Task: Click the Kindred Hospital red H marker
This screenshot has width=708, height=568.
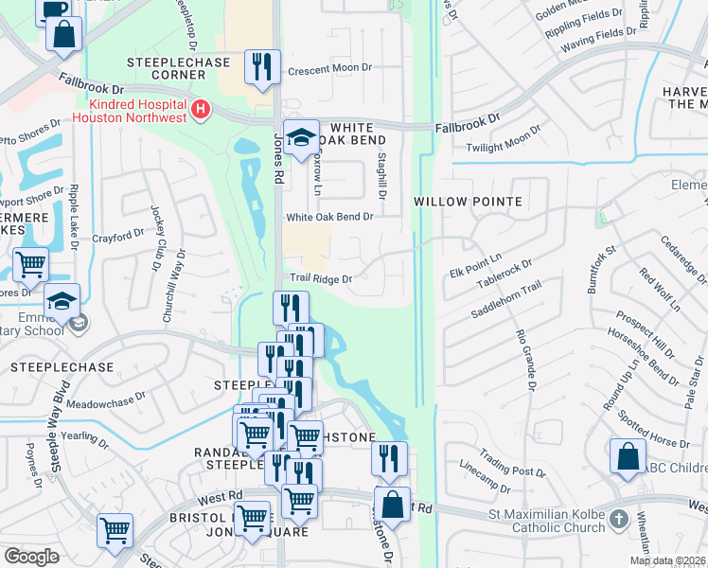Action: click(200, 111)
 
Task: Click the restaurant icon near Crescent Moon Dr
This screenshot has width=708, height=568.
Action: click(262, 67)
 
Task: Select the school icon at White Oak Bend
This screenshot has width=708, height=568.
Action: click(302, 138)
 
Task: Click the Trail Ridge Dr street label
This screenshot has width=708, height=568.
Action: click(320, 279)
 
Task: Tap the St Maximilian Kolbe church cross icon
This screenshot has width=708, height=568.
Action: click(618, 520)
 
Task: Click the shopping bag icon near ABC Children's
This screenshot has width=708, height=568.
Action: click(628, 457)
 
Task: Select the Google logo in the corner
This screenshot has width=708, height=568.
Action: click(31, 557)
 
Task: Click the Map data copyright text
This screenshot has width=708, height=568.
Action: click(667, 560)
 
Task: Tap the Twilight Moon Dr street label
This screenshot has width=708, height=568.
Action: click(503, 139)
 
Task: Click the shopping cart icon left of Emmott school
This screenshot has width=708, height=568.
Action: click(31, 266)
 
